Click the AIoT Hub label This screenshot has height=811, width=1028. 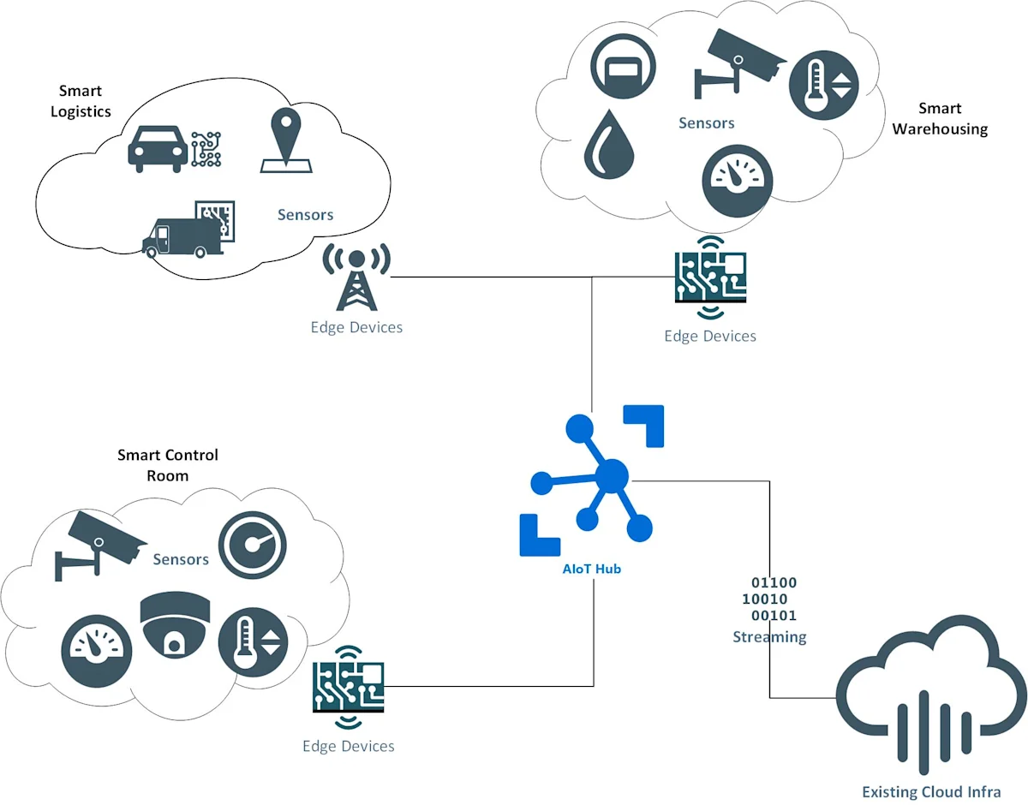pyautogui.click(x=591, y=569)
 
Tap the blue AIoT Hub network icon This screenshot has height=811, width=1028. pyautogui.click(x=591, y=480)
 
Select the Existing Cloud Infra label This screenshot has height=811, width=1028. pyautogui.click(x=931, y=792)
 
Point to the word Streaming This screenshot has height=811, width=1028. pyautogui.click(x=769, y=637)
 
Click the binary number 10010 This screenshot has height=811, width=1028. pyautogui.click(x=765, y=599)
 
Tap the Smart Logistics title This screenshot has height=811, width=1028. pyautogui.click(x=81, y=101)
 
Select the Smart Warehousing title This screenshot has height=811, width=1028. pyautogui.click(x=940, y=118)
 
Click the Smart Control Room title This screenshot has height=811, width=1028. pyautogui.click(x=168, y=465)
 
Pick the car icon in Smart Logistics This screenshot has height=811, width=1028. pyautogui.click(x=158, y=148)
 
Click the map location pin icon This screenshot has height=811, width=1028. pyautogui.click(x=286, y=140)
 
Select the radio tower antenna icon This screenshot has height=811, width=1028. pyautogui.click(x=356, y=277)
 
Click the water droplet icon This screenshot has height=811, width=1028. pyautogui.click(x=608, y=144)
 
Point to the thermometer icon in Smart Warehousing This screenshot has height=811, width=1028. pyautogui.click(x=823, y=85)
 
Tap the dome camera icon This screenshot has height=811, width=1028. pyautogui.click(x=175, y=624)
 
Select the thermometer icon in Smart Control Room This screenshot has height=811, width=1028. pyautogui.click(x=254, y=642)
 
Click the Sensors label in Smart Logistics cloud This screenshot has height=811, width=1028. pyautogui.click(x=305, y=215)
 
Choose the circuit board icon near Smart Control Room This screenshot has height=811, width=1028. pyautogui.click(x=349, y=688)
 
